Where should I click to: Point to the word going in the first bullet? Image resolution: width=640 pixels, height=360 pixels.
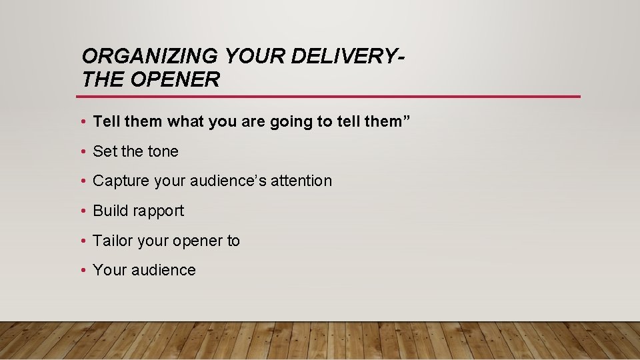pos(290,121)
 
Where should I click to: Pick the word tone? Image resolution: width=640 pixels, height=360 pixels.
pos(163,151)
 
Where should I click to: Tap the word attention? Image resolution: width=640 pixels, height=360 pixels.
pos(301,181)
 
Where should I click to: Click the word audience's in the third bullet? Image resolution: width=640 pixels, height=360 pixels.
pos(229,181)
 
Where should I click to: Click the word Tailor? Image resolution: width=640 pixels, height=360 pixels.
pos(113,241)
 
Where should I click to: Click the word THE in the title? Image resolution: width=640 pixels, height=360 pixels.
pos(103,80)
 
